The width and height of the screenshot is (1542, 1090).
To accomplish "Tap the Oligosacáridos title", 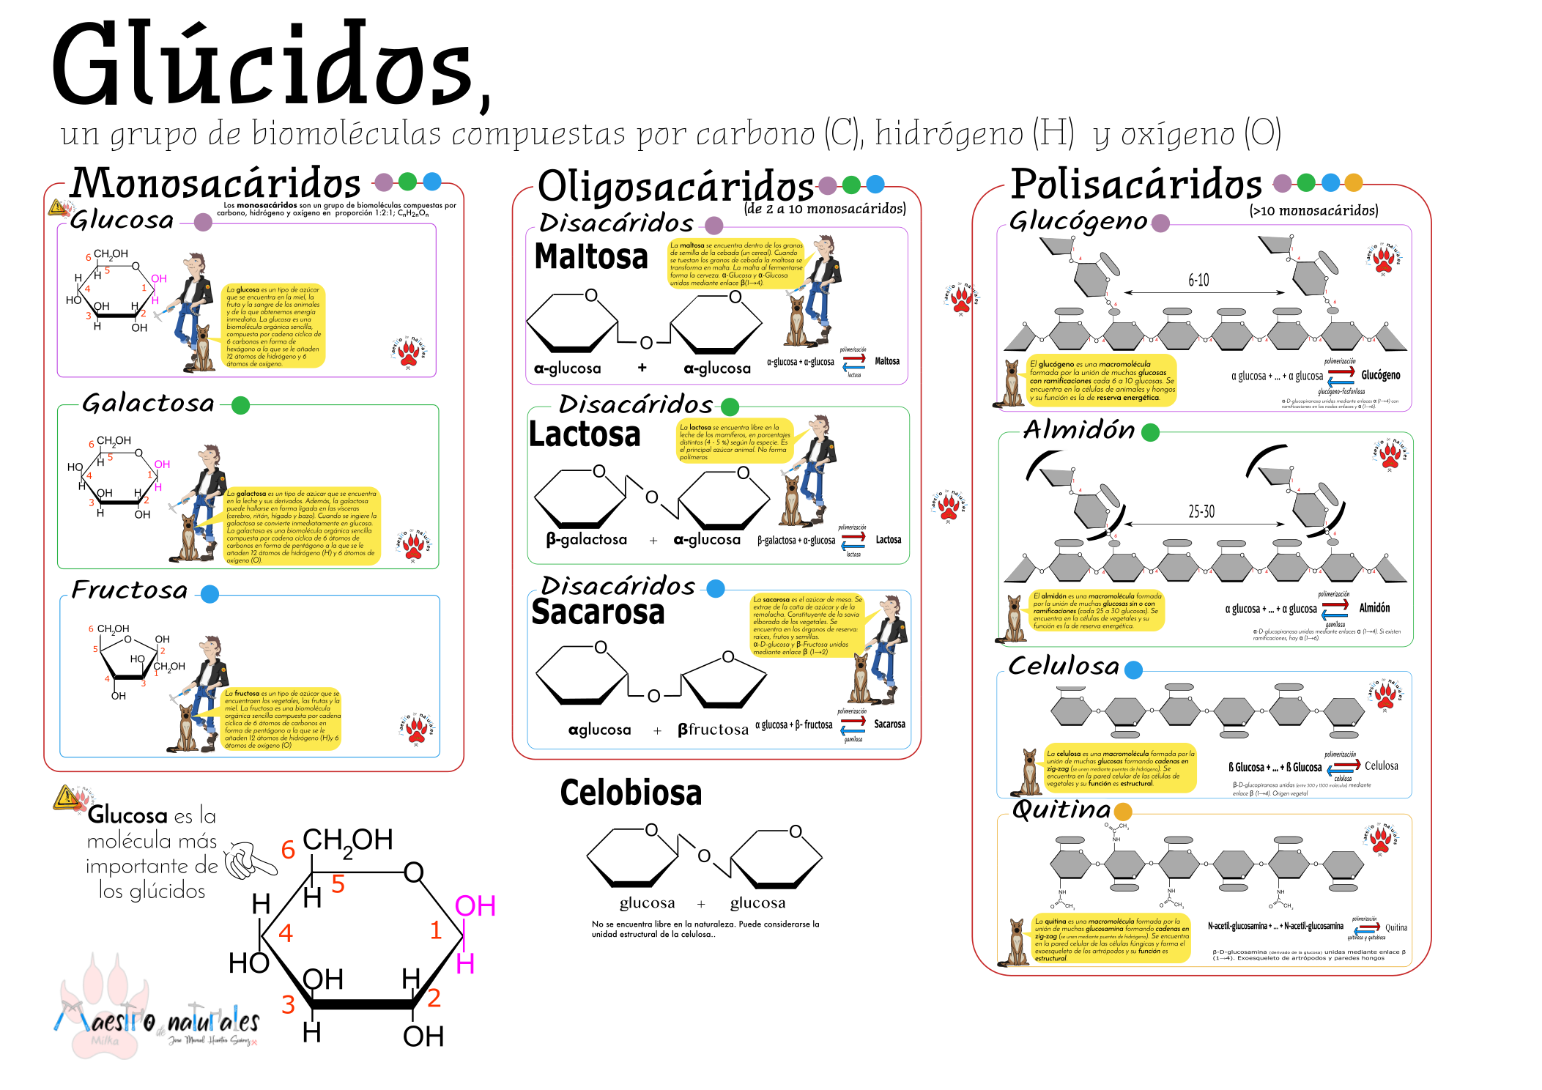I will [x=675, y=185].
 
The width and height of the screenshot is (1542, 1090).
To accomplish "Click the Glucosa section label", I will [x=122, y=220].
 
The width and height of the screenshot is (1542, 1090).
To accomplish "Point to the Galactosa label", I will [x=148, y=404].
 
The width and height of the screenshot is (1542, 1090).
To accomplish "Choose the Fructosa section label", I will [x=130, y=591].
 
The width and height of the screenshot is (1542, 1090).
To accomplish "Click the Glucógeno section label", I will [x=1078, y=221].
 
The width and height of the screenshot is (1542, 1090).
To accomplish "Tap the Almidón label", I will [x=1079, y=431].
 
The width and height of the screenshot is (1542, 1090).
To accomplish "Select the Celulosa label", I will [x=1064, y=667].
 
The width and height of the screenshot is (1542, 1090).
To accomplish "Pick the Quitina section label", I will [x=1061, y=810].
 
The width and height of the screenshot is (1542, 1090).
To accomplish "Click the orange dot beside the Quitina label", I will [x=1123, y=811].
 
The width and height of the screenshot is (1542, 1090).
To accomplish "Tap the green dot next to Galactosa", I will [x=241, y=405].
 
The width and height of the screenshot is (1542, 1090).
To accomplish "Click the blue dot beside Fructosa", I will [x=210, y=594].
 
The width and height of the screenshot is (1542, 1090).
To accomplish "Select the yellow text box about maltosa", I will [x=736, y=264].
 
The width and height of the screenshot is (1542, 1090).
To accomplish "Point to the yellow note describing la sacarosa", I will [x=807, y=625].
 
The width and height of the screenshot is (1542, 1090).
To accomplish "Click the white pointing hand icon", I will [x=248, y=859].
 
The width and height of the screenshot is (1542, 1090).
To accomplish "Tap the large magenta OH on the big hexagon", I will [x=475, y=907].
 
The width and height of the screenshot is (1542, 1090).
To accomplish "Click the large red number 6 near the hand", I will [x=288, y=850].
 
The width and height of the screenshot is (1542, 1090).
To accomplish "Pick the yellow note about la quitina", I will [x=1111, y=938].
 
